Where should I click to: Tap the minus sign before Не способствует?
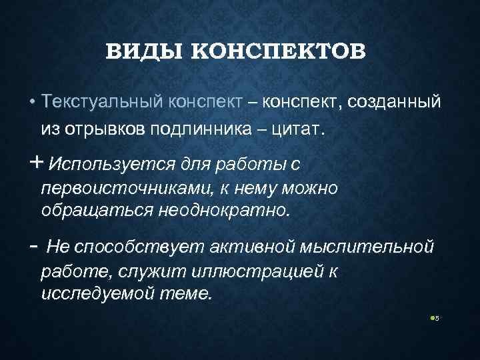[x=33, y=247]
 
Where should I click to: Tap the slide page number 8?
[x=437, y=319]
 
